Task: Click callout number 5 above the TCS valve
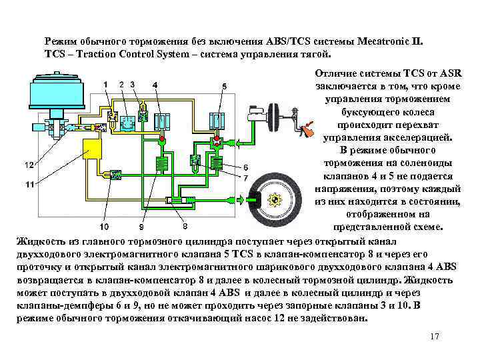pos(224,87)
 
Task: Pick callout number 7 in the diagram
pos(245,178)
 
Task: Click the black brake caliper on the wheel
pos(253,199)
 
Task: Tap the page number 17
pos(435,336)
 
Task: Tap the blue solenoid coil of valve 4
pos(161,121)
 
